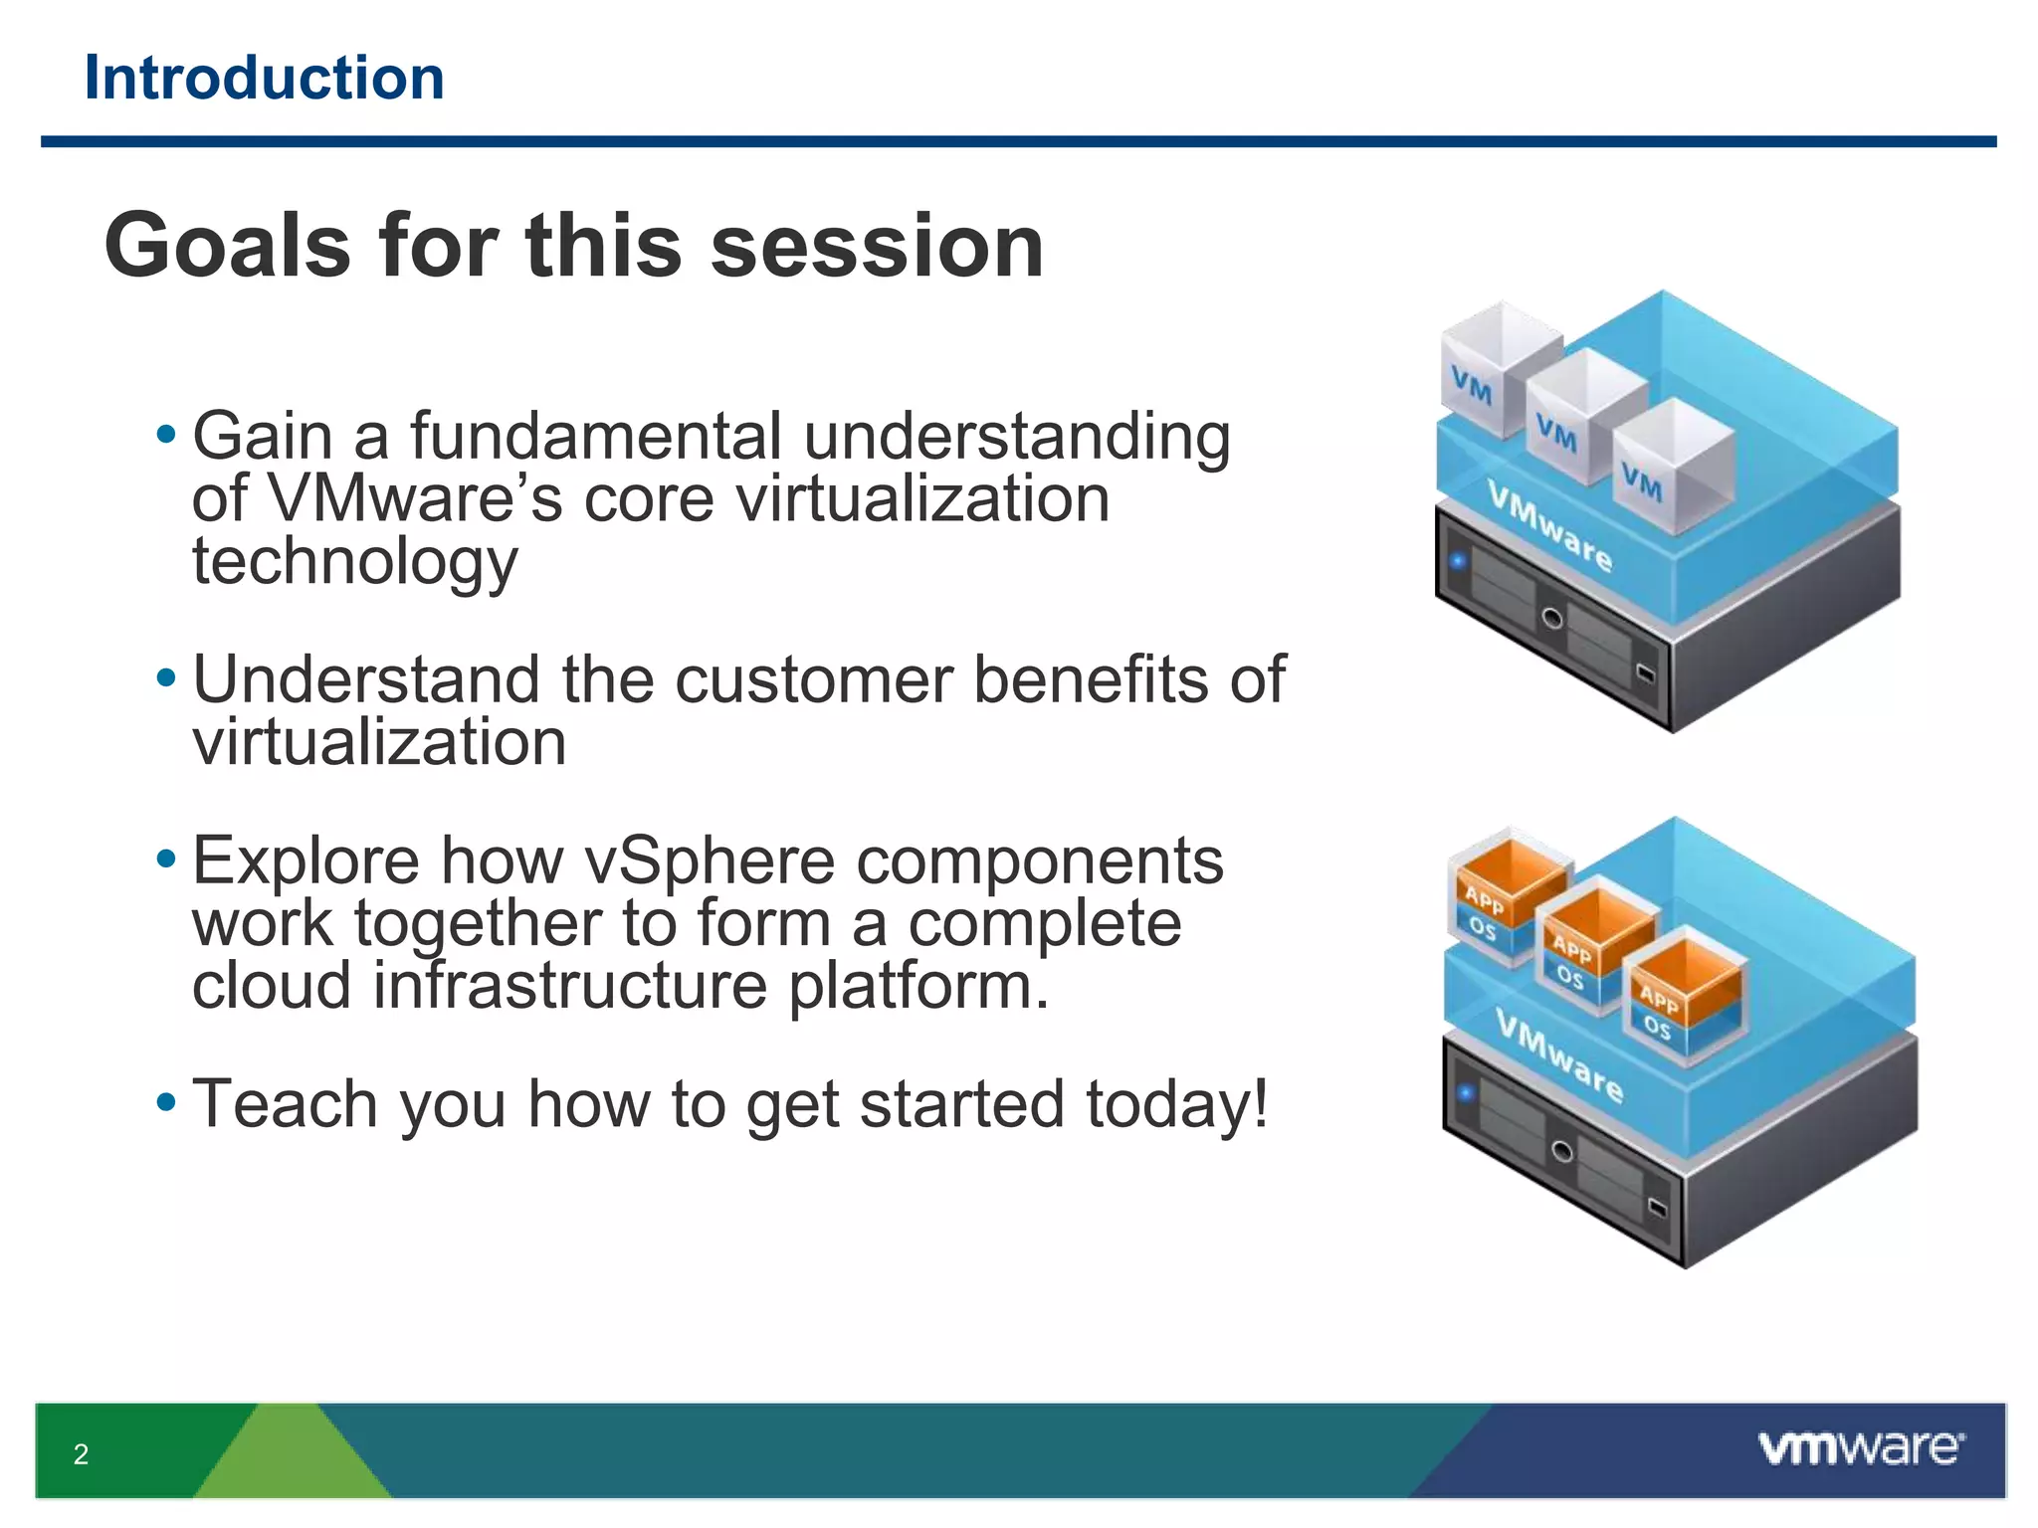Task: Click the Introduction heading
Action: click(264, 78)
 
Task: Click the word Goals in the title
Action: click(228, 246)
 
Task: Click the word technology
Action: click(354, 562)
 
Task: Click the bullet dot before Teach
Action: click(166, 1102)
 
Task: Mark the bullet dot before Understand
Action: click(166, 679)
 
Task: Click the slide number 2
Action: click(81, 1454)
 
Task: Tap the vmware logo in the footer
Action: click(1861, 1447)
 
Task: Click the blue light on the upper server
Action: click(1459, 561)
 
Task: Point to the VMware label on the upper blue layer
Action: click(1549, 524)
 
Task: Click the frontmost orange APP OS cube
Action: click(1682, 995)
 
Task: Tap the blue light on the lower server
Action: click(1466, 1092)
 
